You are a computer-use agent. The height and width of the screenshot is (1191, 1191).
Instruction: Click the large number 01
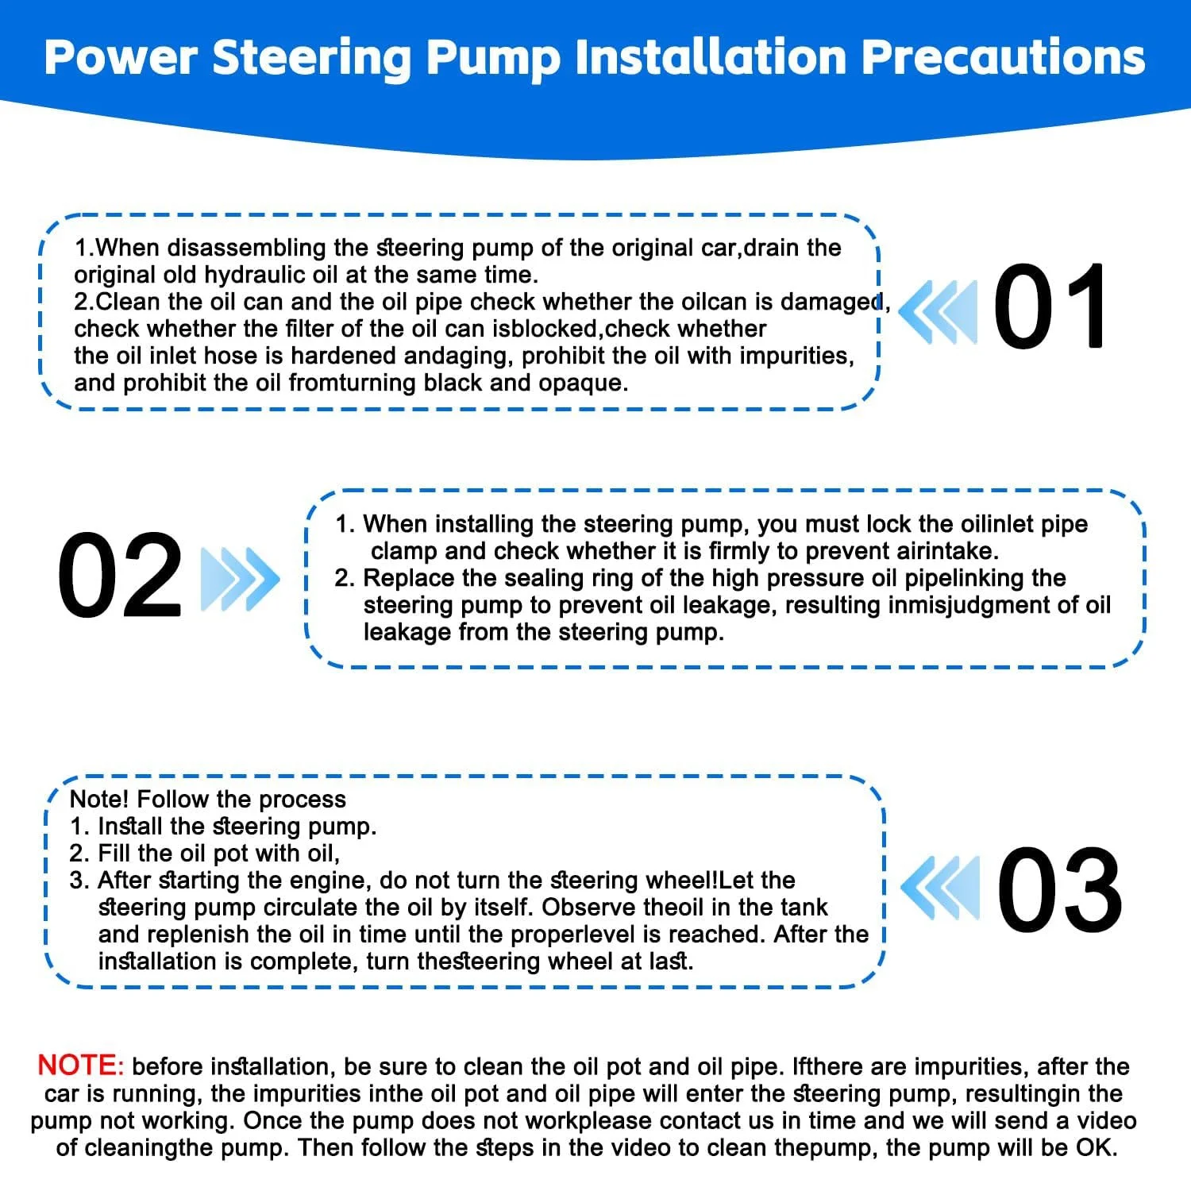tap(1050, 306)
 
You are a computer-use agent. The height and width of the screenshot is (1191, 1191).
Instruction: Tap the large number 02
tap(120, 575)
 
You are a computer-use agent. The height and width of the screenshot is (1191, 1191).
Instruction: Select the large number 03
tap(1060, 889)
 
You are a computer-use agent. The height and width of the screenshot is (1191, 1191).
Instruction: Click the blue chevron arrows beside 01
tap(939, 311)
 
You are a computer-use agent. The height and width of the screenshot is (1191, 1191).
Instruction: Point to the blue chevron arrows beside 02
tap(241, 579)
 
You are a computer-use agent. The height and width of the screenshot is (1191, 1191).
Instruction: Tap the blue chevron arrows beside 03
tap(941, 888)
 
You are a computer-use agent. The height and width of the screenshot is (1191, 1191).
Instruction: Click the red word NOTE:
tap(81, 1066)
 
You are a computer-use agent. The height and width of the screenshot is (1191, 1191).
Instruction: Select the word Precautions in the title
tap(1004, 57)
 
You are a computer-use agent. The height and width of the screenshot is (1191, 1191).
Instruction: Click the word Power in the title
tap(121, 58)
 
